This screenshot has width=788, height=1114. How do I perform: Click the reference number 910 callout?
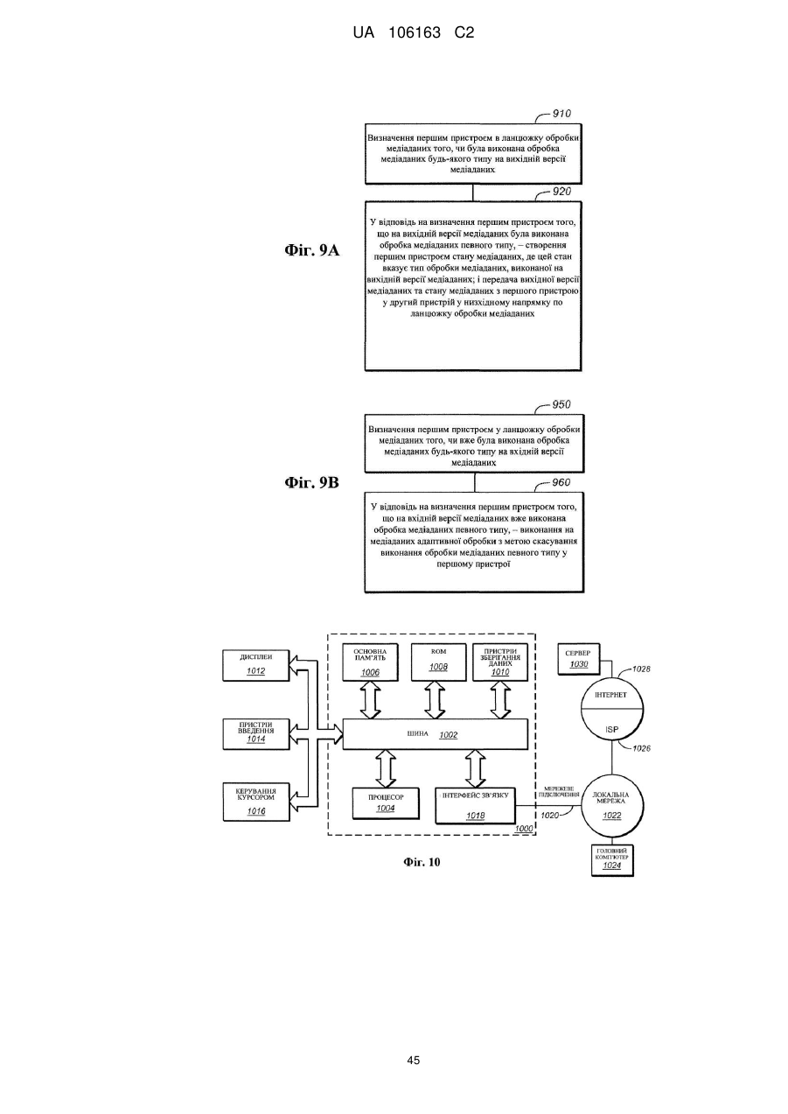tap(561, 114)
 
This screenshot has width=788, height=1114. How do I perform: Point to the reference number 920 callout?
tap(561, 192)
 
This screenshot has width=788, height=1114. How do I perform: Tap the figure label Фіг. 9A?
tap(311, 250)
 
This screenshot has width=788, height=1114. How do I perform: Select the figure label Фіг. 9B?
tap(311, 482)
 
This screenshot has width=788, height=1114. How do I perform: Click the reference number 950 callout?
tap(561, 404)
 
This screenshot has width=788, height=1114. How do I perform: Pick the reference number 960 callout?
tap(561, 482)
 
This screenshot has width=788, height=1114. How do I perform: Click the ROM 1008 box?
tap(438, 662)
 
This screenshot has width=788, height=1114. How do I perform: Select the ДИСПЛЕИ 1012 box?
tap(256, 665)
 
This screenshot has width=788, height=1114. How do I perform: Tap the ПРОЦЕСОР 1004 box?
tap(386, 803)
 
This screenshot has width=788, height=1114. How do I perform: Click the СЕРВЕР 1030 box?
tap(579, 660)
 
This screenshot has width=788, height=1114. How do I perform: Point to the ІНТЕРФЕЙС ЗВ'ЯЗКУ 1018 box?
tap(475, 805)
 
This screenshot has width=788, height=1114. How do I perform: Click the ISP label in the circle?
tap(612, 730)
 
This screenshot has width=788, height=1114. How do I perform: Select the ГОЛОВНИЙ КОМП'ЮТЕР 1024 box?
tap(612, 860)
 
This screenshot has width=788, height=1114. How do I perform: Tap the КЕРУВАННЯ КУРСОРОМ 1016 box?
tap(256, 802)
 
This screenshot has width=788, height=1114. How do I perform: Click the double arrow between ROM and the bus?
tap(435, 700)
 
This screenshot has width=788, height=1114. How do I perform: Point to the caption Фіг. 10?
tap(422, 862)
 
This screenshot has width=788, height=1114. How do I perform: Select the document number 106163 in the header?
tap(415, 33)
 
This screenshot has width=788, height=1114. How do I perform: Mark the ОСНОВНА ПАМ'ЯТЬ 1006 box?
tap(370, 662)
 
